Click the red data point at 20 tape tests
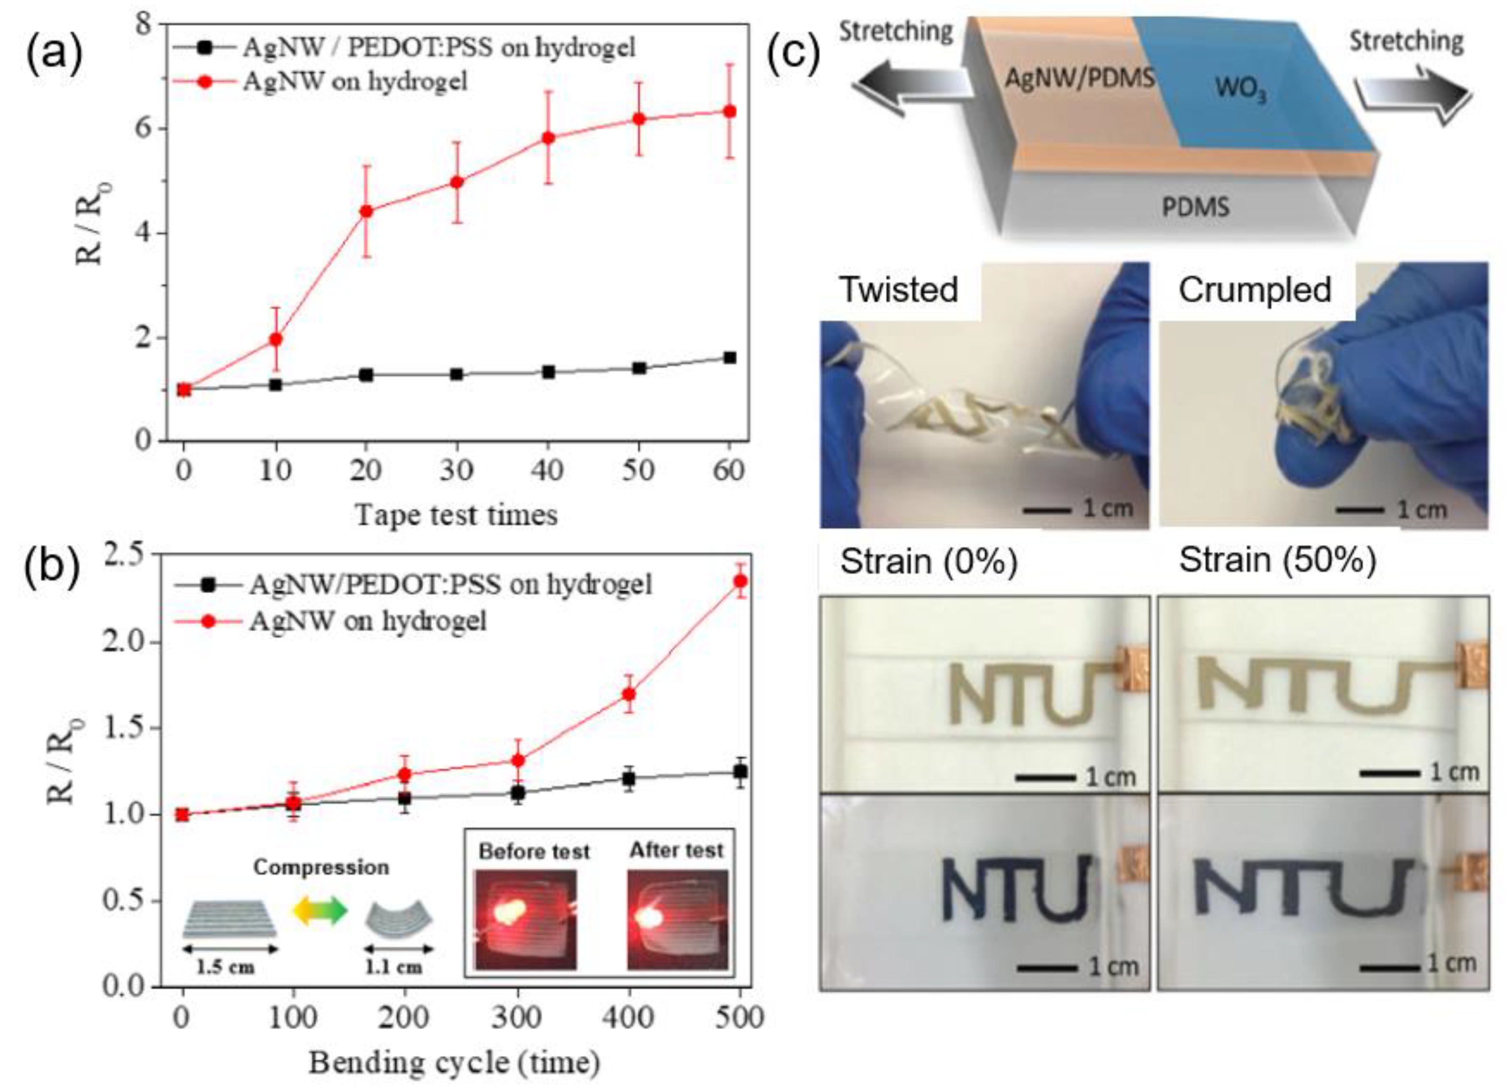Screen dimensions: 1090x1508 [366, 212]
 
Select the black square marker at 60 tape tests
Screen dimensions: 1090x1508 [730, 357]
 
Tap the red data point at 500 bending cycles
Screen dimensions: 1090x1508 [740, 581]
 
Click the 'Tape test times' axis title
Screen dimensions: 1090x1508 [456, 515]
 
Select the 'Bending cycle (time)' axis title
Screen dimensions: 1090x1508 [455, 1063]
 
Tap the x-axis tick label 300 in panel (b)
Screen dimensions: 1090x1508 [518, 1018]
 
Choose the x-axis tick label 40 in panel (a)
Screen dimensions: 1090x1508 [547, 470]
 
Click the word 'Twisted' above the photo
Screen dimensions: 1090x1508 [898, 289]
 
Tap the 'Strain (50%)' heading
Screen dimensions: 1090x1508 [1277, 560]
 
